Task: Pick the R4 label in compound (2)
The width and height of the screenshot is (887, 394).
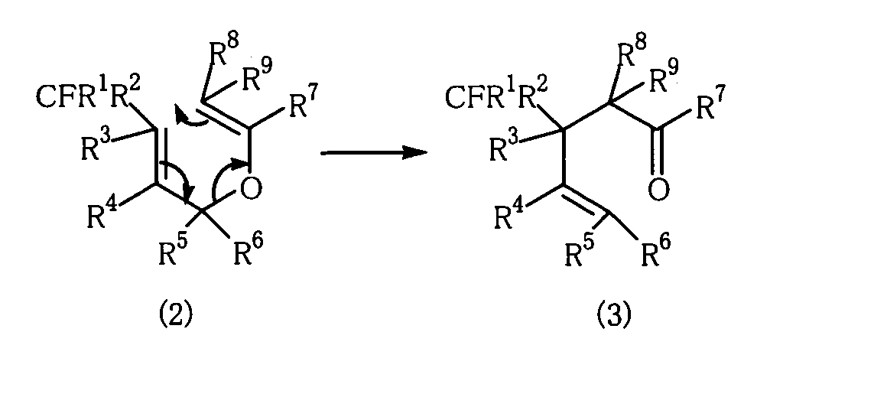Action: point(104,215)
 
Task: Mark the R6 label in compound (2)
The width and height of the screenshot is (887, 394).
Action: point(249,252)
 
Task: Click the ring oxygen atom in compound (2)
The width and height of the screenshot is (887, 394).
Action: point(251,188)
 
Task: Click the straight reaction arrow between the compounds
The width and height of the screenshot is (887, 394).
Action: point(373,152)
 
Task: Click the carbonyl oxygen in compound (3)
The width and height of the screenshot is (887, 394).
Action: point(657,190)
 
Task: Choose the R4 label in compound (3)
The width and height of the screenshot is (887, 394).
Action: point(510,217)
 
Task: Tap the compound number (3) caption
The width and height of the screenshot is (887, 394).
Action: point(614,314)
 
